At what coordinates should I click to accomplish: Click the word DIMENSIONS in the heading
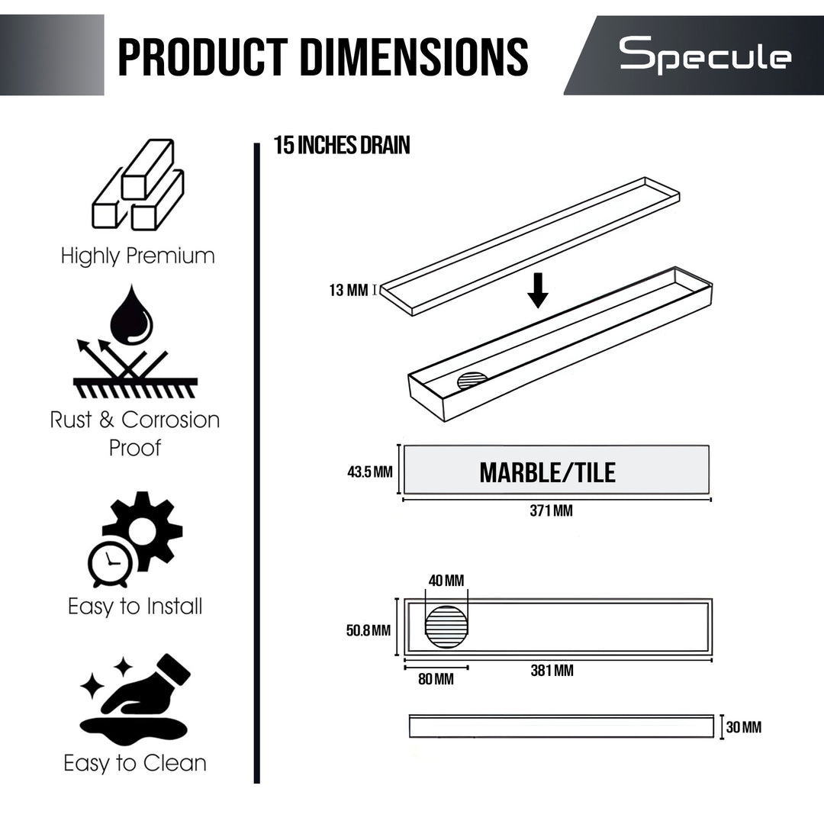pos(414,56)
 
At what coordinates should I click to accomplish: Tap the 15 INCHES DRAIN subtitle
pos(342,145)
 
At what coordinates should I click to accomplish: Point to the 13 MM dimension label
pos(349,290)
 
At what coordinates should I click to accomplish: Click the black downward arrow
pos(538,290)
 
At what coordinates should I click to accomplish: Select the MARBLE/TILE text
pos(548,472)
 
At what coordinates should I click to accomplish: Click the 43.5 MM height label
pos(369,472)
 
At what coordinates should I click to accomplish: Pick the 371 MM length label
pos(552,510)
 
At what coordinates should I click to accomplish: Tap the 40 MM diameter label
pos(446,580)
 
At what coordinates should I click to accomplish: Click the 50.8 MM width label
pos(369,630)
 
